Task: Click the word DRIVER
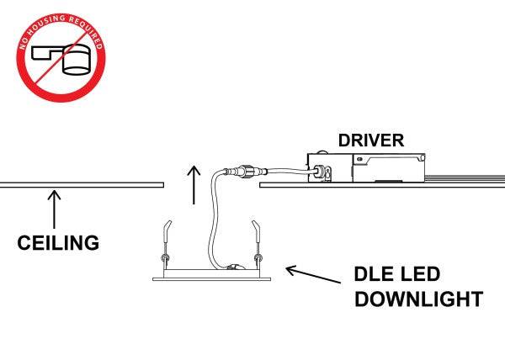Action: tap(371, 140)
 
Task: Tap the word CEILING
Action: tap(59, 243)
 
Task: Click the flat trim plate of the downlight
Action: tap(211, 273)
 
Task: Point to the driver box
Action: tap(370, 168)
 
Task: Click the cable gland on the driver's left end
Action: tap(322, 175)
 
